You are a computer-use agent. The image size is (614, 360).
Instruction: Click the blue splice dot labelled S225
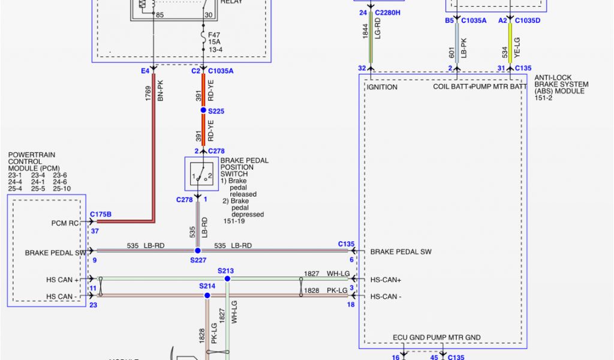203,110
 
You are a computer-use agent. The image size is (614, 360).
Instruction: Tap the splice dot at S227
197,250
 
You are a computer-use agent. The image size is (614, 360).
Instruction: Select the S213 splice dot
227,278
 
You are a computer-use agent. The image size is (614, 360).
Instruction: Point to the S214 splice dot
207,295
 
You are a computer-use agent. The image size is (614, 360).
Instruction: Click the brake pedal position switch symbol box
201,174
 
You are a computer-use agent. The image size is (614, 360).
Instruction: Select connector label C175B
101,214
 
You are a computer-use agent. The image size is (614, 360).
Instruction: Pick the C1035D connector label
527,20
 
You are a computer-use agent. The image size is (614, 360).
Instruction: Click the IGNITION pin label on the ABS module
382,87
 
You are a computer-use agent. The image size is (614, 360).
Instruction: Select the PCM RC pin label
65,223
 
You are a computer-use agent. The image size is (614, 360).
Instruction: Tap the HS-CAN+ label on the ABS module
386,280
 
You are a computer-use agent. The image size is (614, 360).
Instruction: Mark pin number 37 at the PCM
94,231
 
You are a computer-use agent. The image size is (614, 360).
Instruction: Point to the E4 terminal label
145,71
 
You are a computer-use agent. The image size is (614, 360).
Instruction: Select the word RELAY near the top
232,2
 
